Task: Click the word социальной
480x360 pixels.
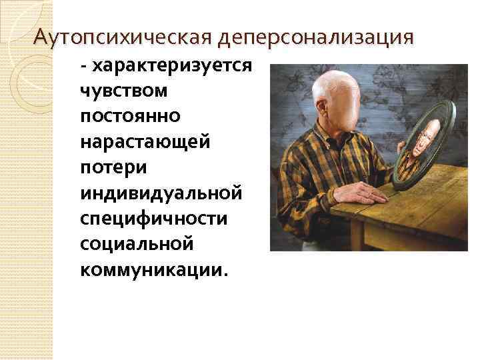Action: point(136,244)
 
